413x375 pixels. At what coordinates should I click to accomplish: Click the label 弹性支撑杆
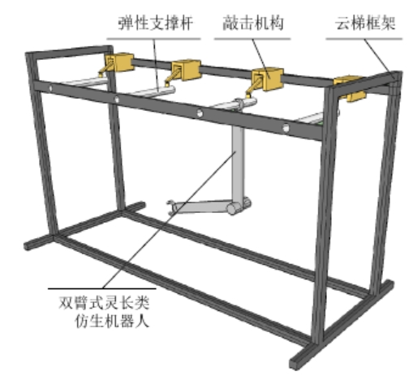156,23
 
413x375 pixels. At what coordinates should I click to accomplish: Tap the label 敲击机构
253,23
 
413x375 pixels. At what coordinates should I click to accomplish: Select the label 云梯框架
365,23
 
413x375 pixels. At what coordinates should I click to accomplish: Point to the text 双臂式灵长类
104,303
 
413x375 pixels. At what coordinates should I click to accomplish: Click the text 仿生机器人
112,321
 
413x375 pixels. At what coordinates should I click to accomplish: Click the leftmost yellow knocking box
119,62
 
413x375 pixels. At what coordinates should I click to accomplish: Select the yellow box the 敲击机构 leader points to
268,79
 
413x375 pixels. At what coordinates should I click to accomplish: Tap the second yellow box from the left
186,70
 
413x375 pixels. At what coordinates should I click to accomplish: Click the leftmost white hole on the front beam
50,88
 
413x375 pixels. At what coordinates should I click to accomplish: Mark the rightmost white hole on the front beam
286,128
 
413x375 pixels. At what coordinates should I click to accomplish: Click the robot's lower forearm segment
201,207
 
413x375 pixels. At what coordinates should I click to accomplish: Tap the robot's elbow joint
238,207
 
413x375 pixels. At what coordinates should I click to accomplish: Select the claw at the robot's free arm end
170,207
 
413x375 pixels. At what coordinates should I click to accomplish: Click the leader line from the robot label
169,219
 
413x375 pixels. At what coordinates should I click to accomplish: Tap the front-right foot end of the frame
295,363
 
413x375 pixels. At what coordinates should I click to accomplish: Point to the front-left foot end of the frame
28,245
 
